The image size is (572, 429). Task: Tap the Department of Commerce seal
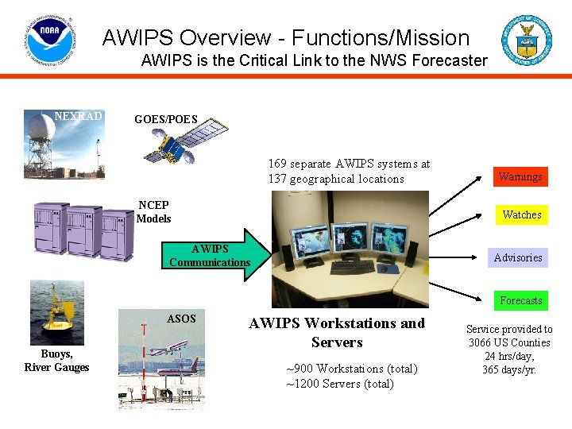[x=525, y=40]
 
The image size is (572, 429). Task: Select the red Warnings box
[x=520, y=176]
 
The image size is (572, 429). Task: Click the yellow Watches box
[x=522, y=214]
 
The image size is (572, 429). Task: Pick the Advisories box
[x=518, y=257]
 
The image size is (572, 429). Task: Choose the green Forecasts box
[x=520, y=300]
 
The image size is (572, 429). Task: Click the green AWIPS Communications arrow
[x=218, y=255]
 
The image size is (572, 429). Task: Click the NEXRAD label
[x=78, y=117]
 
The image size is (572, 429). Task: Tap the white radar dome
[x=41, y=127]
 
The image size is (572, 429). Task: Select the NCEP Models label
[x=153, y=211]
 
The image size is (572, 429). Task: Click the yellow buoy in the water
[x=56, y=319]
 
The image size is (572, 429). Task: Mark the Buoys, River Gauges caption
[x=56, y=361]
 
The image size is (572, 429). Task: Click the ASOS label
[x=181, y=319]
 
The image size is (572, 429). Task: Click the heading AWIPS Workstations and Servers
[x=337, y=333]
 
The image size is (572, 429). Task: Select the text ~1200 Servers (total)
[x=339, y=384]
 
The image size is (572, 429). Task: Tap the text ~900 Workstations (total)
[x=351, y=369]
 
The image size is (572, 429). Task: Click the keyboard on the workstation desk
[x=346, y=266]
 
